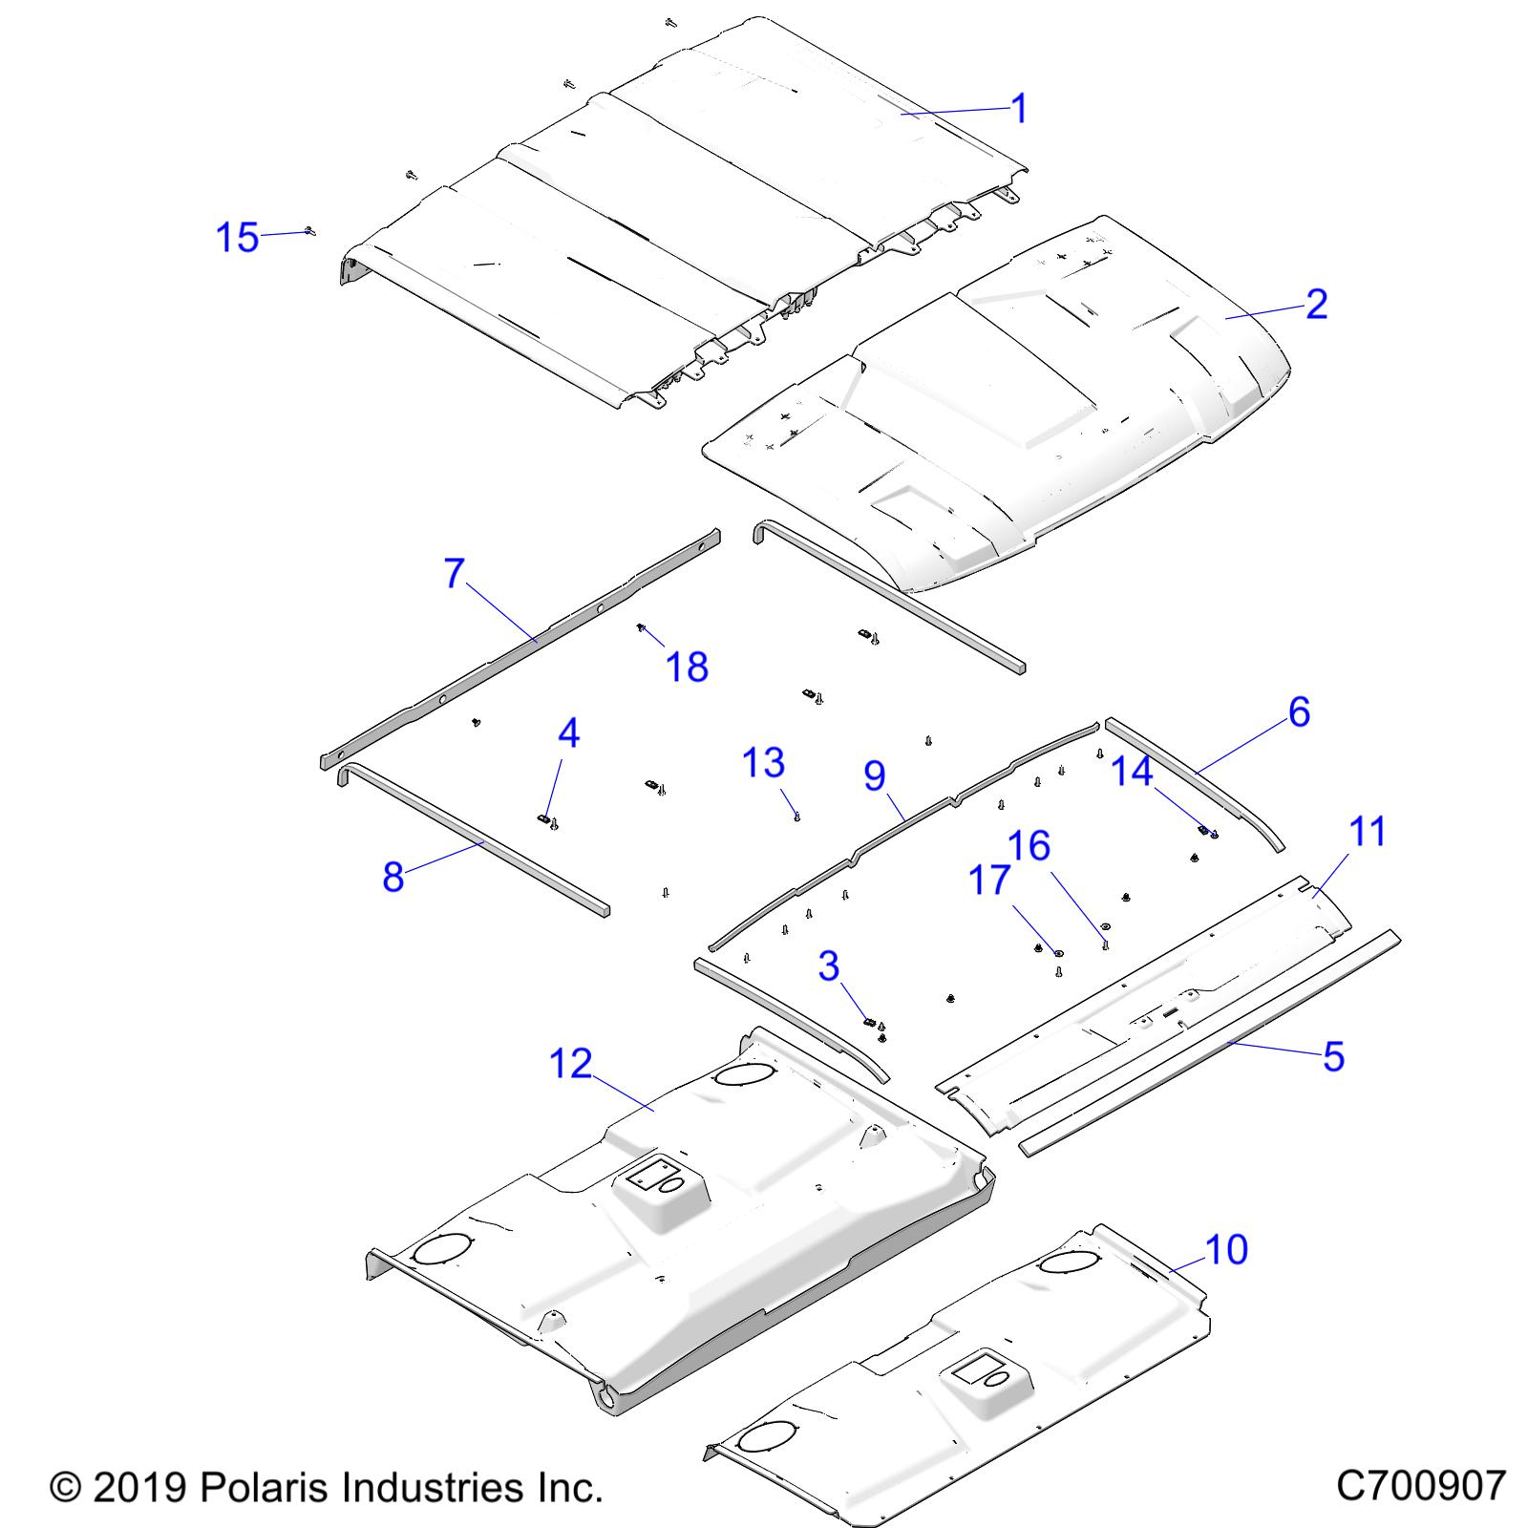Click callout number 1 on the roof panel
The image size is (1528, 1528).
click(x=1019, y=108)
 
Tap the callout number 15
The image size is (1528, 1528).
click(x=237, y=237)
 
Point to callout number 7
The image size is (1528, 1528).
click(x=454, y=573)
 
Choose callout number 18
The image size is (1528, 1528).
click(x=687, y=667)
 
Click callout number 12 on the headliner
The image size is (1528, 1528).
click(x=571, y=1063)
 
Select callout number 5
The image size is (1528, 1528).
click(x=1333, y=1056)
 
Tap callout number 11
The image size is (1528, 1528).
click(x=1368, y=831)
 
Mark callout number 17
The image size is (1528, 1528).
click(x=989, y=880)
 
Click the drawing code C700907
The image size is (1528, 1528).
click(x=1420, y=1486)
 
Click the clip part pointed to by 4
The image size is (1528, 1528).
click(x=541, y=818)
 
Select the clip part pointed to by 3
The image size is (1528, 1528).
click(x=869, y=1020)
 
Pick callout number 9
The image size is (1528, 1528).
click(x=875, y=775)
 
